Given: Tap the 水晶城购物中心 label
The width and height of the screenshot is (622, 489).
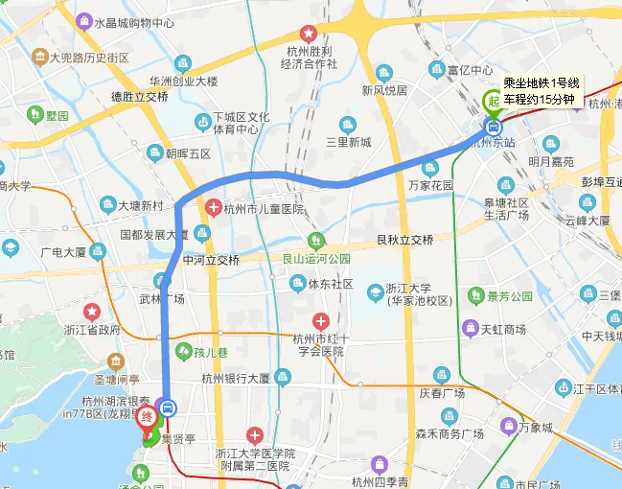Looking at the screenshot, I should pos(134,21).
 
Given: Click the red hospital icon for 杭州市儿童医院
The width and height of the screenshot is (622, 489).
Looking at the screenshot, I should pos(213,208).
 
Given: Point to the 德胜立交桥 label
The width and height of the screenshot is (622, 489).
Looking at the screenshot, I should pos(140,97).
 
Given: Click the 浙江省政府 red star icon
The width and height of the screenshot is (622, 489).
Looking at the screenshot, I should pos(92,312).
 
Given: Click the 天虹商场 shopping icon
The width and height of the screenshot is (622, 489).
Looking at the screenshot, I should pos(470,329).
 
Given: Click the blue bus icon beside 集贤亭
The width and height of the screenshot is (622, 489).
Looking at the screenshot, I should pos(168,407).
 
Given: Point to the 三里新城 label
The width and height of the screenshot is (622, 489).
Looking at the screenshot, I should pos(348,142).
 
